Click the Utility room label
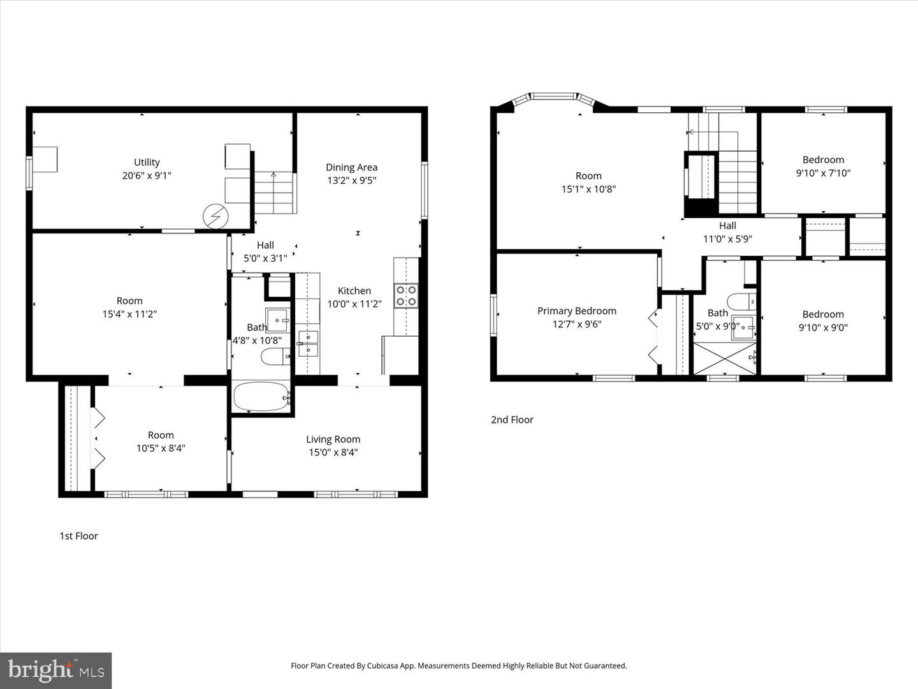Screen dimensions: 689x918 pyautogui.click(x=147, y=162)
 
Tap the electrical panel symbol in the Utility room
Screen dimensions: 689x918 pyautogui.click(x=215, y=217)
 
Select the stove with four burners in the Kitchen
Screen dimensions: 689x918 pyautogui.click(x=406, y=295)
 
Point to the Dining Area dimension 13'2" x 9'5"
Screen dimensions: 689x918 pyautogui.click(x=351, y=181)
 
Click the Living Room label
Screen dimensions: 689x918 pyautogui.click(x=333, y=439)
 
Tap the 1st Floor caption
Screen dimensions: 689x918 pyautogui.click(x=78, y=536)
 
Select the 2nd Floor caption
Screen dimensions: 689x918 pyautogui.click(x=512, y=420)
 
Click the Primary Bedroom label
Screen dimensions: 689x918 pyautogui.click(x=576, y=311)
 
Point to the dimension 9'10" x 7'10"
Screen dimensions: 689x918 pyautogui.click(x=823, y=173)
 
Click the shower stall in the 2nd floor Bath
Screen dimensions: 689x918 pyautogui.click(x=724, y=359)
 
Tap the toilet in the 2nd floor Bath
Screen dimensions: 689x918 pyautogui.click(x=741, y=301)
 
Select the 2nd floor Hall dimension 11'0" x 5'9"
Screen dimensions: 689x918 pyautogui.click(x=727, y=239)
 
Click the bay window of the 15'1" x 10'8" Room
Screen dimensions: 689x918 pyautogui.click(x=553, y=97)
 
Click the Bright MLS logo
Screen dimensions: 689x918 pyautogui.click(x=56, y=670)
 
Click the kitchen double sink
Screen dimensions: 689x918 pyautogui.click(x=308, y=343)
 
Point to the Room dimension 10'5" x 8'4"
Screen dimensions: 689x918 pyautogui.click(x=161, y=448)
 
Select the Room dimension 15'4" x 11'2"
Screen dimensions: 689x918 pyautogui.click(x=129, y=314)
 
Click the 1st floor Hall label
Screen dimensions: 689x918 pyautogui.click(x=265, y=245)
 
